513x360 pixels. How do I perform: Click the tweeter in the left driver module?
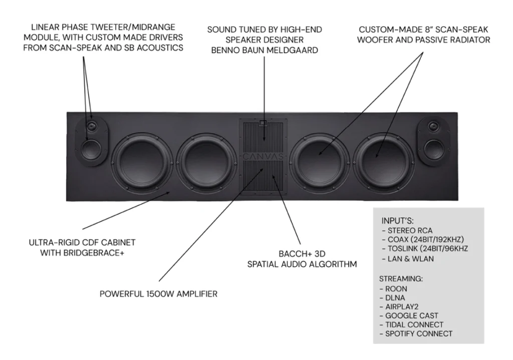click(92, 126)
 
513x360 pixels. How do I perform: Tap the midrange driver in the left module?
click(91, 149)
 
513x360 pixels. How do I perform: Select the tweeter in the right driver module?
click(433, 126)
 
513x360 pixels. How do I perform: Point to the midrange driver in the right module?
click(434, 149)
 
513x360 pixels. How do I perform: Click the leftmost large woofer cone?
click(143, 163)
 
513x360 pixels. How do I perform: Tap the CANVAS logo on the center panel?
click(263, 157)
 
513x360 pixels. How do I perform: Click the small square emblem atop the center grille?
click(263, 123)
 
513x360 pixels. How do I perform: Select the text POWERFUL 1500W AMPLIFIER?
click(158, 294)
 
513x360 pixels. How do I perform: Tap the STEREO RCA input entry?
click(407, 230)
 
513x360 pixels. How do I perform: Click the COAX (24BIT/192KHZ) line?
click(423, 240)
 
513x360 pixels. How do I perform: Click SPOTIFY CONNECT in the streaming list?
click(416, 334)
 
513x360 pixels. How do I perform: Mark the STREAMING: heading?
click(401, 279)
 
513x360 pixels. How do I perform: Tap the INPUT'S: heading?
click(397, 221)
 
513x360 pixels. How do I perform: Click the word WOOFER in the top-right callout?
click(375, 40)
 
